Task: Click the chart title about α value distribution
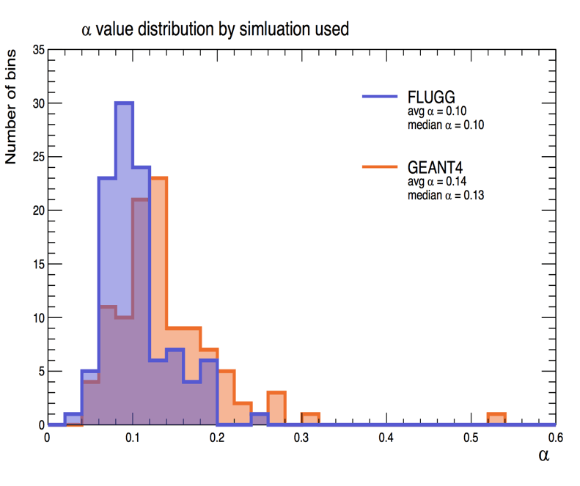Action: (215, 29)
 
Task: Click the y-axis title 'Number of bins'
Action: (11, 106)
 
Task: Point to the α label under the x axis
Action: (544, 455)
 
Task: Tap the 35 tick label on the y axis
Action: (39, 50)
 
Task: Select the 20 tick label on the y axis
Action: (39, 210)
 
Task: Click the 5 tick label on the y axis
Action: (42, 372)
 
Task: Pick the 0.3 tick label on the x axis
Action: (301, 438)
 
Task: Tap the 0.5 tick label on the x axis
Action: (471, 438)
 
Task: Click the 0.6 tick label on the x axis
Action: (555, 438)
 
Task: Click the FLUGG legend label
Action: (431, 97)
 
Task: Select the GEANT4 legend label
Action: (435, 168)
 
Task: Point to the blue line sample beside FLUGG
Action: (380, 97)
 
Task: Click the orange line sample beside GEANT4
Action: (380, 167)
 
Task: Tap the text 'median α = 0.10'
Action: (446, 125)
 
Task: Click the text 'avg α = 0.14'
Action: (437, 181)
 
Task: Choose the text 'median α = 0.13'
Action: (446, 195)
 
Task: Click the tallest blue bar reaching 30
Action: (125, 263)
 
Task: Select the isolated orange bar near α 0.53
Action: (496, 419)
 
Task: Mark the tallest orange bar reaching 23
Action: (159, 301)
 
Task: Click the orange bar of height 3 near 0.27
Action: (277, 408)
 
